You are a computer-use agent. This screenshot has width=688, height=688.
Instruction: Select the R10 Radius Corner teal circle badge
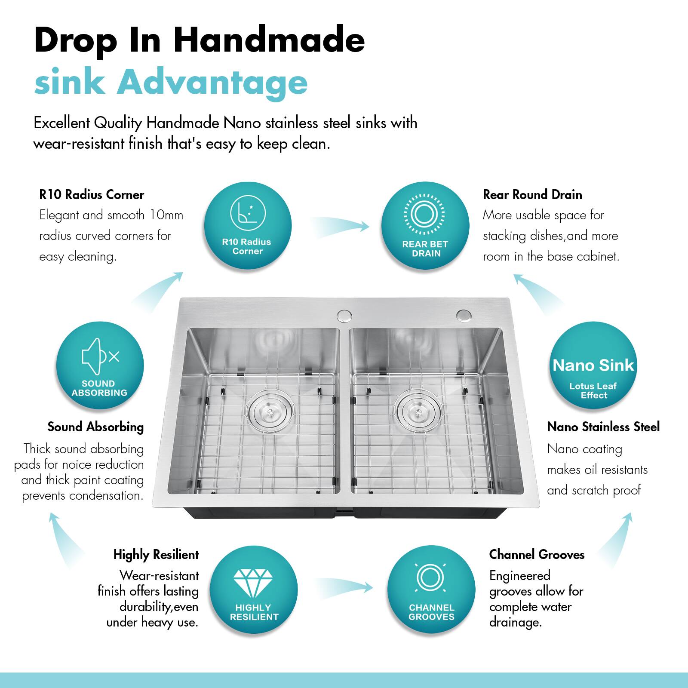[247, 226]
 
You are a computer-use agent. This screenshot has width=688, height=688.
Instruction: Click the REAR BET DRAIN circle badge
[425, 226]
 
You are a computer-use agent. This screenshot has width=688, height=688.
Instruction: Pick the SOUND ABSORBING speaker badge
[100, 366]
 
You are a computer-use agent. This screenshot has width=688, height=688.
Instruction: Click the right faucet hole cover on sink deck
[464, 315]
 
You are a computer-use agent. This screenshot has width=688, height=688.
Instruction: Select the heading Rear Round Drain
[532, 195]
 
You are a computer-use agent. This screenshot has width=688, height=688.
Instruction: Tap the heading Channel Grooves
[537, 555]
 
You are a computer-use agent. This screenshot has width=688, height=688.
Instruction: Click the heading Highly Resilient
[156, 555]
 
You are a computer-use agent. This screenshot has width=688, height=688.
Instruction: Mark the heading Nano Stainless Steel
[603, 427]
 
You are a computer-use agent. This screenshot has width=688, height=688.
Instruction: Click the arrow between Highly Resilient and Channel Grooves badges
[343, 586]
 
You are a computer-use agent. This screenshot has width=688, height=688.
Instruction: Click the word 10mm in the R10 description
[166, 215]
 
